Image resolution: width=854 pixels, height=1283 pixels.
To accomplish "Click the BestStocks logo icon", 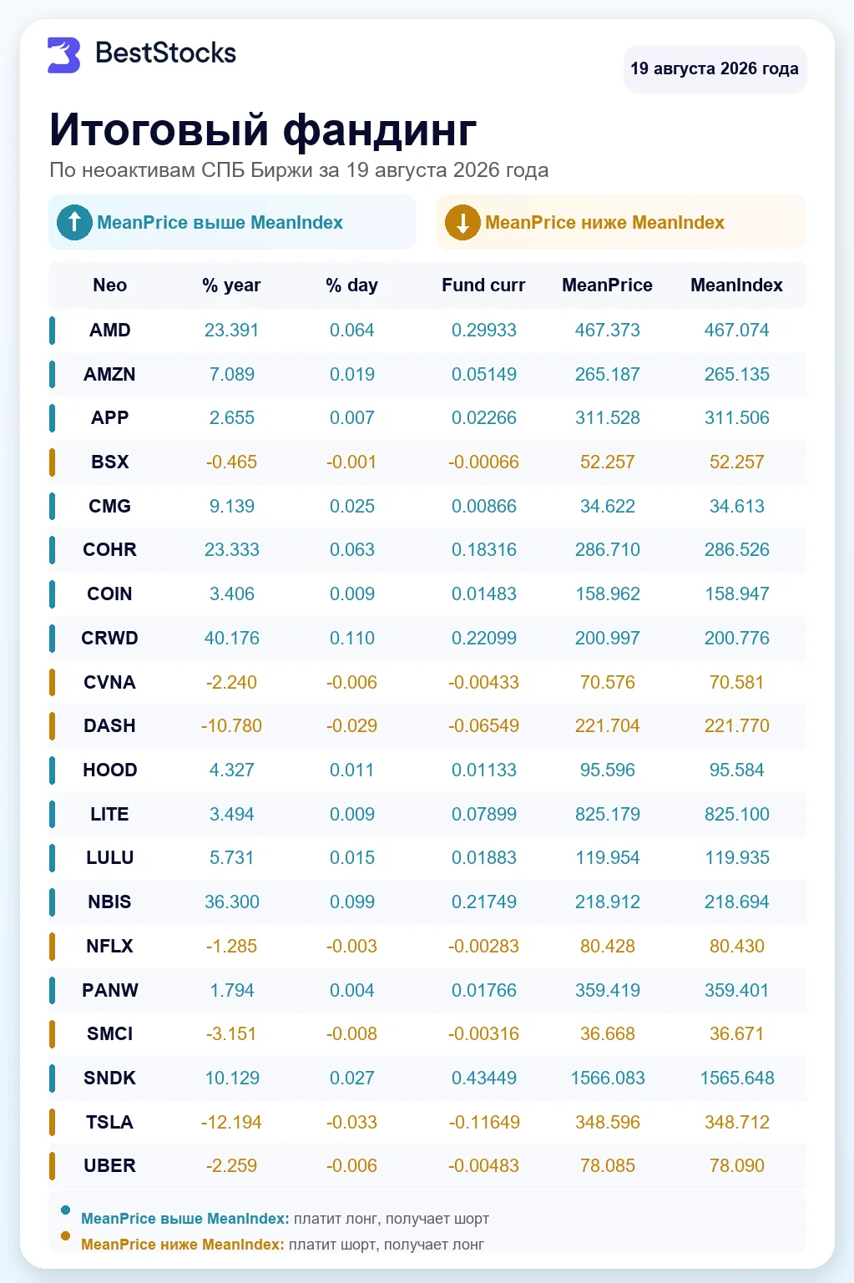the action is [63, 55].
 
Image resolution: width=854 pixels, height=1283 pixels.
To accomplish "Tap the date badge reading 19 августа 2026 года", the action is [715, 68].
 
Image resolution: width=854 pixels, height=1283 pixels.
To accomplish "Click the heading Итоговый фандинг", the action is [263, 129].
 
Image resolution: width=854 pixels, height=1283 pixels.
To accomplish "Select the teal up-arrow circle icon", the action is [74, 222].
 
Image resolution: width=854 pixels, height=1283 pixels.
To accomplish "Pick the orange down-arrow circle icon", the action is [462, 222].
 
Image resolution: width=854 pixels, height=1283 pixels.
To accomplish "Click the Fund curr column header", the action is [483, 285].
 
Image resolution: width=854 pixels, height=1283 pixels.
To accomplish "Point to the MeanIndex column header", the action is [736, 285].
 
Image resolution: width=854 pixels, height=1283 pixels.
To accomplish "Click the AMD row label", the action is [110, 330].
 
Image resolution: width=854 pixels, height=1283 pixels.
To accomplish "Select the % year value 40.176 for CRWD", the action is [231, 638].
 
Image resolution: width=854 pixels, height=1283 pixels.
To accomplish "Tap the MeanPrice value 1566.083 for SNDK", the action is [607, 1078].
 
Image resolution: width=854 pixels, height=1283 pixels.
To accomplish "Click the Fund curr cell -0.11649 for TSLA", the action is [483, 1122].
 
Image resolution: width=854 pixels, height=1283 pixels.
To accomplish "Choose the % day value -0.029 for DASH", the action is [351, 725].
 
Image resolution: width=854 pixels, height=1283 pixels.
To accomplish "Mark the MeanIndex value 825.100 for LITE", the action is [736, 814].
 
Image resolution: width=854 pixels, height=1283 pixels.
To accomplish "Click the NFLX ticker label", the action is [110, 946].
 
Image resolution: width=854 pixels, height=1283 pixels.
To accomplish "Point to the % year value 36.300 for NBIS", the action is [231, 902].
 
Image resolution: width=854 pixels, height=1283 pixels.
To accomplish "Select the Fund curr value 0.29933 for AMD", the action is [483, 330].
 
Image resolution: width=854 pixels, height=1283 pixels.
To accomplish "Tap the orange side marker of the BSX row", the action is [52, 462].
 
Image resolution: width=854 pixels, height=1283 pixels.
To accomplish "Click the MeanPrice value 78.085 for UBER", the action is [607, 1165].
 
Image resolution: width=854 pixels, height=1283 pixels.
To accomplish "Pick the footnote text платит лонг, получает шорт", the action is [392, 1218].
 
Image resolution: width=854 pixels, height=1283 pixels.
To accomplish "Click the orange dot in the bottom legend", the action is [65, 1235].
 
